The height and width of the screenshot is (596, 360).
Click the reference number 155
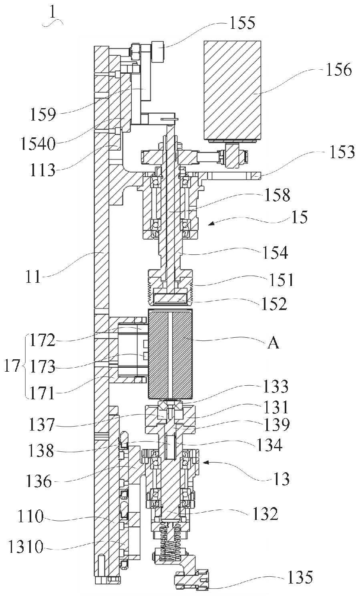(242, 23)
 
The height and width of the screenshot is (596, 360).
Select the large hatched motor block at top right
(232, 90)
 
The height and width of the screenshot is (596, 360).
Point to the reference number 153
(342, 152)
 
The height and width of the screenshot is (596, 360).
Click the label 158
(277, 195)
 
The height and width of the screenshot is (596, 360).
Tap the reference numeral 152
(274, 304)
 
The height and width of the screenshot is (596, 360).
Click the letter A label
(273, 343)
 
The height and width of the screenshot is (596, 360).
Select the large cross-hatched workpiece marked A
(170, 354)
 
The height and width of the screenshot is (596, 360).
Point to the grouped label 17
(12, 366)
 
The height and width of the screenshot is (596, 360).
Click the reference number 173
(42, 366)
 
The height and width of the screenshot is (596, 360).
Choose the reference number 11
(33, 277)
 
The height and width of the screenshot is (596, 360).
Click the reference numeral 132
(265, 513)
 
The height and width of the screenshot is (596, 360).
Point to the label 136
(39, 481)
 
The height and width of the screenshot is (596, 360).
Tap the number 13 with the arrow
(281, 479)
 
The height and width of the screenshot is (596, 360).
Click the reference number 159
(43, 115)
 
